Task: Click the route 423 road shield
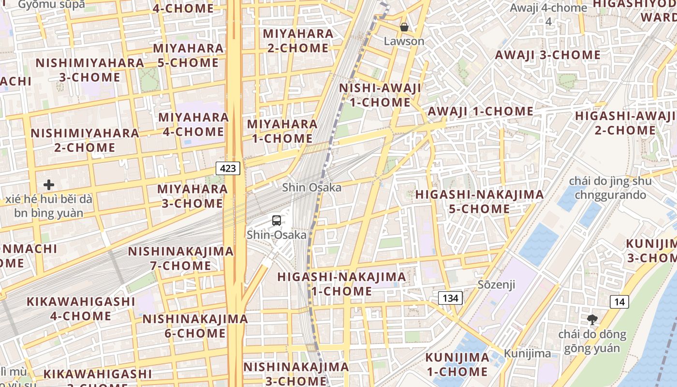228,168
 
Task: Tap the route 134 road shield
450,298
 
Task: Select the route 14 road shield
619,302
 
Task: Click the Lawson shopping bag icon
404,27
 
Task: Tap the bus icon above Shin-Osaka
277,221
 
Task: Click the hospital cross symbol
48,185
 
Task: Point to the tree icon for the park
592,320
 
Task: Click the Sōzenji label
496,284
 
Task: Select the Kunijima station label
527,354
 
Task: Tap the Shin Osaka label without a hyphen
312,187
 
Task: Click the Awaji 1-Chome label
480,111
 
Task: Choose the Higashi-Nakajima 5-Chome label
479,202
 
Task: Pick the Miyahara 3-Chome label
192,196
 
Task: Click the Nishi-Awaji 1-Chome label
380,95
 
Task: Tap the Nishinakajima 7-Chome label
180,258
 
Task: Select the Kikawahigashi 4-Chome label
81,309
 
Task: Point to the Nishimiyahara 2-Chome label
85,140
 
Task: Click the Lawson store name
404,41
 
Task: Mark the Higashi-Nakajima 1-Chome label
341,284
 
